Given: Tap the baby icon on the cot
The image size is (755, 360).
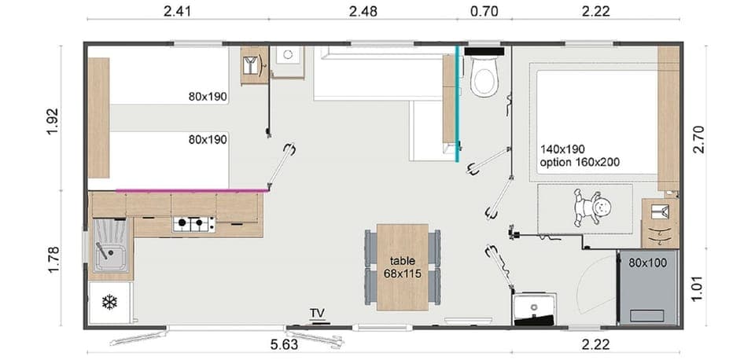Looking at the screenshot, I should click(x=592, y=209).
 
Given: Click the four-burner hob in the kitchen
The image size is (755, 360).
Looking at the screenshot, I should click(x=193, y=225).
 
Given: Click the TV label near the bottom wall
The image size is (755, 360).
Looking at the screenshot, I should click(x=317, y=314).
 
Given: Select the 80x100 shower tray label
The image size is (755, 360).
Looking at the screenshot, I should click(x=647, y=263).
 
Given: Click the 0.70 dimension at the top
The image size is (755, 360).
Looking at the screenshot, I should click(x=484, y=11).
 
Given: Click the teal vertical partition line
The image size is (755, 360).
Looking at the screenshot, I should click(x=457, y=102).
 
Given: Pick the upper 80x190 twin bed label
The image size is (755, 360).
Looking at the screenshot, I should click(x=207, y=97).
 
